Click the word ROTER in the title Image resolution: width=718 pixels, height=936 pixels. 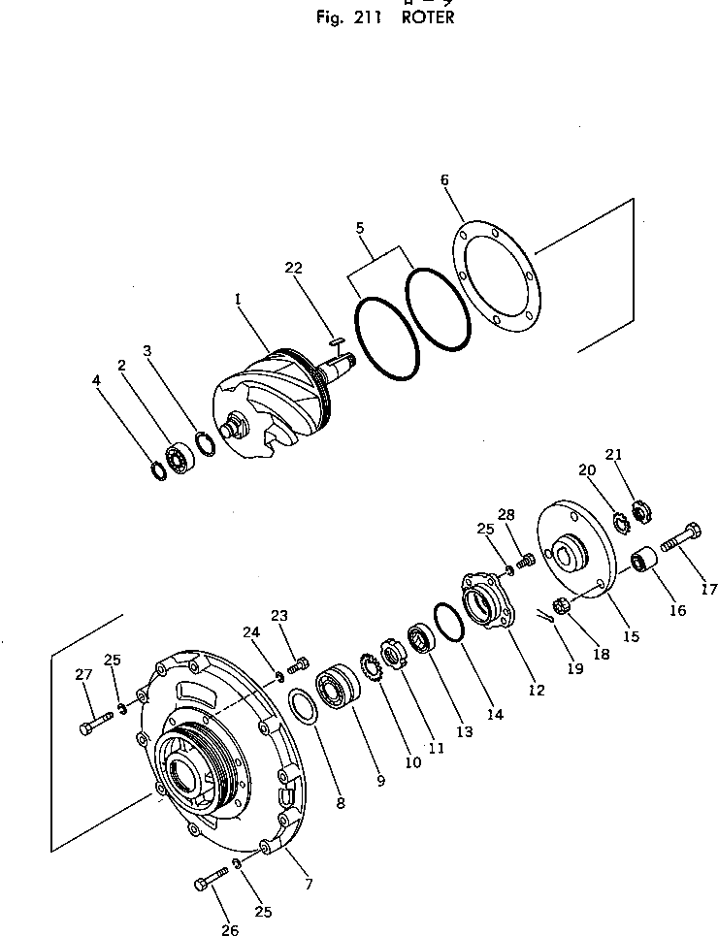pyautogui.click(x=427, y=18)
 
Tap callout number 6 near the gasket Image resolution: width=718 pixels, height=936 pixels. pyautogui.click(x=444, y=180)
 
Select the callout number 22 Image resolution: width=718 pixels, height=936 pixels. pyautogui.click(x=295, y=268)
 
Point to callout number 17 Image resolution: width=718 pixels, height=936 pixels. pyautogui.click(x=709, y=588)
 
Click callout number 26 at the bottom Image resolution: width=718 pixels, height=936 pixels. pyautogui.click(x=229, y=930)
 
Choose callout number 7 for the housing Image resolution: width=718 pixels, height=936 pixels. pyautogui.click(x=309, y=884)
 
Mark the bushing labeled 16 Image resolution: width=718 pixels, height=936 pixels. pyautogui.click(x=640, y=560)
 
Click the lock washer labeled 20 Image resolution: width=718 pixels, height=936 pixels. pyautogui.click(x=621, y=522)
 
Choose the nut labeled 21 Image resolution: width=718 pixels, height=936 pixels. pyautogui.click(x=640, y=508)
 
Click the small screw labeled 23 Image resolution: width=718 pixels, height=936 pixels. pyautogui.click(x=299, y=664)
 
